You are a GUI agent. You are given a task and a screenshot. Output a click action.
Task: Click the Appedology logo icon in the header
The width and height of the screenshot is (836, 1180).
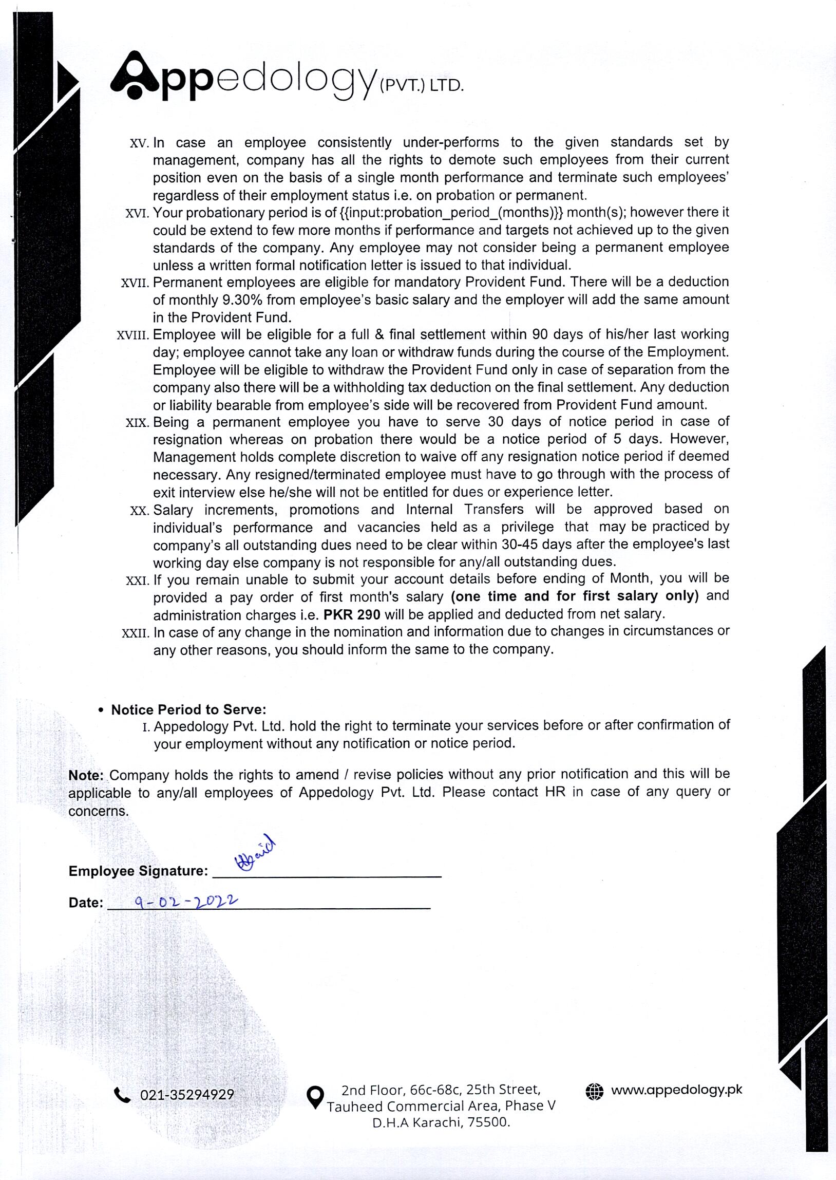click(134, 75)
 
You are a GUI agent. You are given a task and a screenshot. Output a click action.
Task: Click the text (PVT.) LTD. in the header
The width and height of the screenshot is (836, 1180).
click(421, 86)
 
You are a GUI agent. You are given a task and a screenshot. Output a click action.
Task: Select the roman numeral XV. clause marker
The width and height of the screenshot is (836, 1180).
click(139, 143)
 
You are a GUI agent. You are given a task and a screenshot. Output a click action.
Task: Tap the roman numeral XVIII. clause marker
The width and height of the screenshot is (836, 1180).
click(133, 335)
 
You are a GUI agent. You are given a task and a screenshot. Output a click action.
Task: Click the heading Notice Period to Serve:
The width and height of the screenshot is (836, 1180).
click(188, 709)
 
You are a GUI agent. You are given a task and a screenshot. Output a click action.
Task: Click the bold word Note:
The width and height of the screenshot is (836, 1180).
click(86, 775)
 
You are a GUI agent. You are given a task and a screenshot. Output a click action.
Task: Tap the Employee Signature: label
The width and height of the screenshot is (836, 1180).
click(138, 871)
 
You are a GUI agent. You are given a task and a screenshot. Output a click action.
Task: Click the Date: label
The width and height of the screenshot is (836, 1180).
click(85, 903)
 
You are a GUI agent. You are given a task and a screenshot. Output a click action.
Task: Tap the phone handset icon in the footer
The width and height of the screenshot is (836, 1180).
click(122, 1095)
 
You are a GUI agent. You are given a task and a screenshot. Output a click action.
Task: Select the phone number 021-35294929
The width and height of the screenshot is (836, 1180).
click(187, 1095)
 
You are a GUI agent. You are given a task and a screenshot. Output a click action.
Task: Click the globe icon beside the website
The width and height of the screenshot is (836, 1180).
click(594, 1091)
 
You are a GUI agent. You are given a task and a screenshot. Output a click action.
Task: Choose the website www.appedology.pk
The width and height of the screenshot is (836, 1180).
click(676, 1090)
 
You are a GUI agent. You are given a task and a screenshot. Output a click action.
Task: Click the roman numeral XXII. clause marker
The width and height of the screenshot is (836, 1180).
click(136, 633)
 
